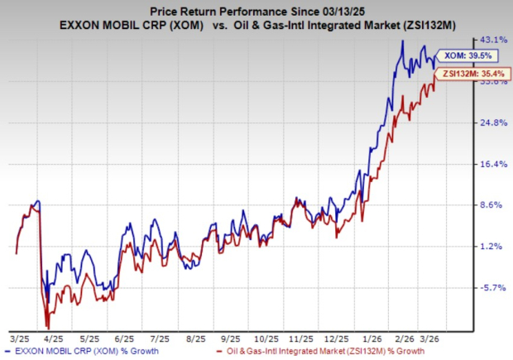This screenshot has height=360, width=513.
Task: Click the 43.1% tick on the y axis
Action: click(494, 40)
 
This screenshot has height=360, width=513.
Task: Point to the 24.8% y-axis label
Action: click(494, 122)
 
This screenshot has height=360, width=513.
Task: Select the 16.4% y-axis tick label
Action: click(494, 164)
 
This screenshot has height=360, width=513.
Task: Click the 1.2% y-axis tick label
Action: click(494, 246)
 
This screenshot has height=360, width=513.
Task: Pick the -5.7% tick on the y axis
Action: click(494, 287)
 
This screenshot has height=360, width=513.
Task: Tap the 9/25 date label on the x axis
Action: click(233, 338)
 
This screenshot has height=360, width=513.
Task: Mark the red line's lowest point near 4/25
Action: click(47, 327)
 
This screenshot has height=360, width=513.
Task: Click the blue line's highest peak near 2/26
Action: click(402, 41)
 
